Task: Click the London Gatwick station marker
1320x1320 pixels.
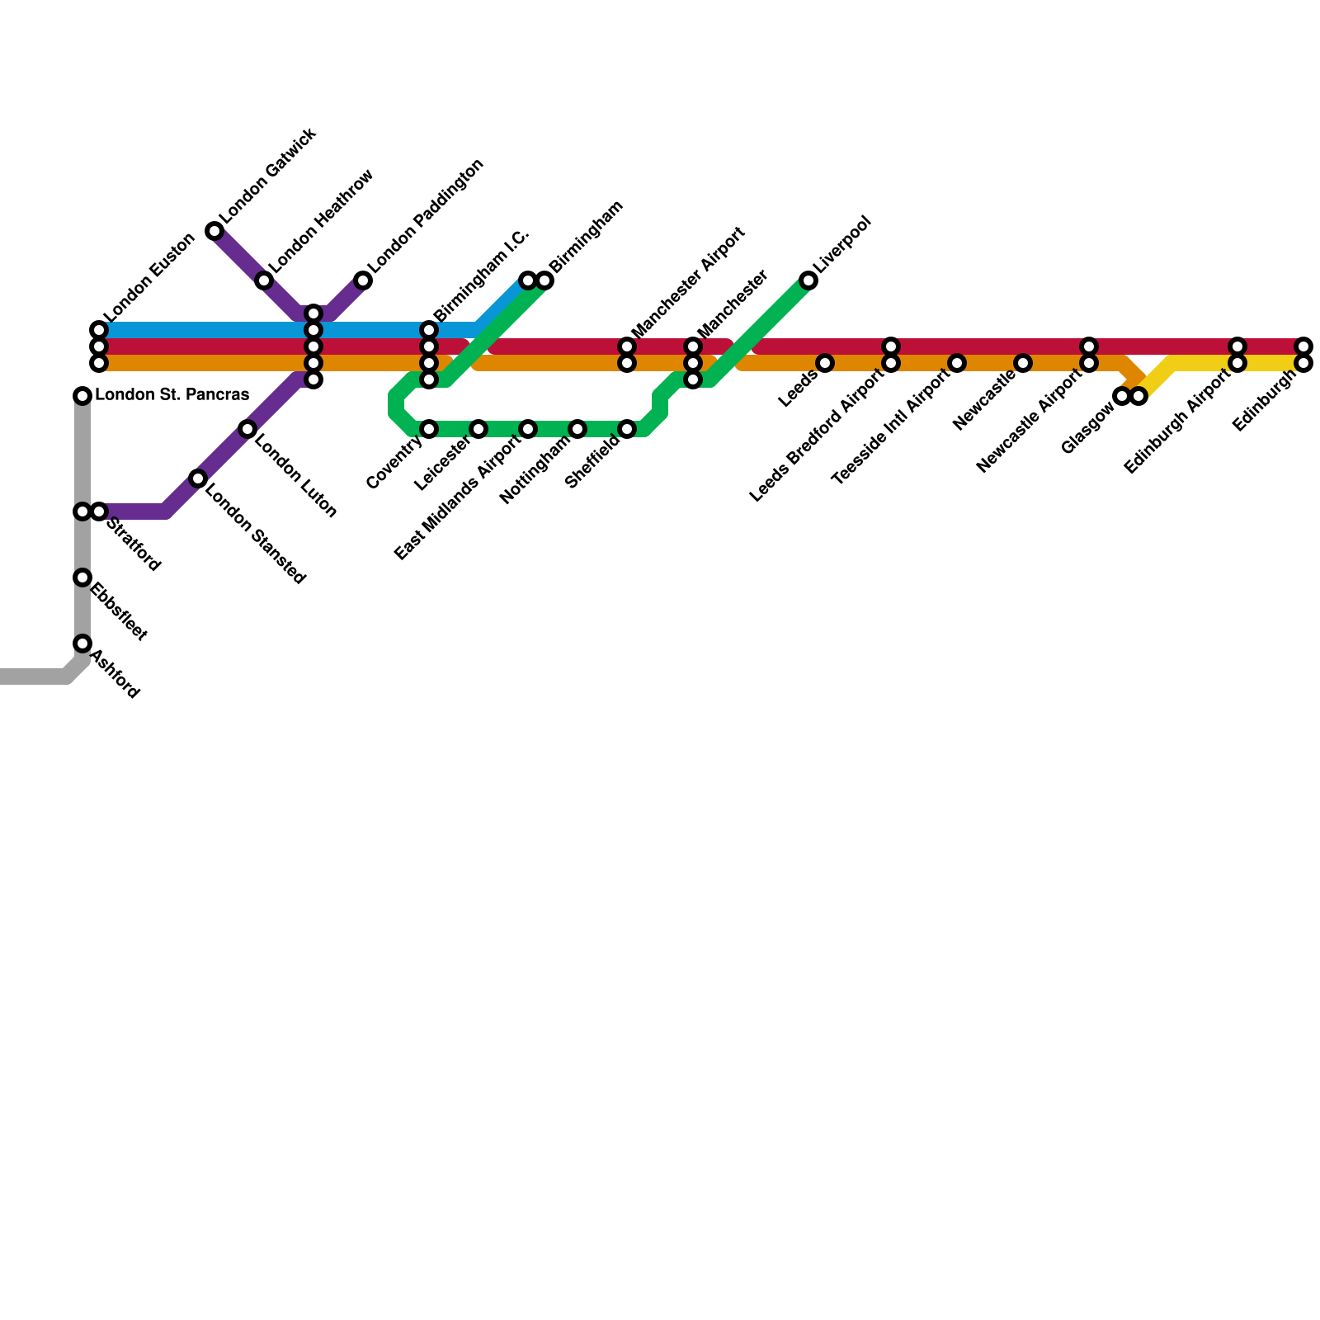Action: point(214,231)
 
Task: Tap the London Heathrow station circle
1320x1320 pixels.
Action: point(264,280)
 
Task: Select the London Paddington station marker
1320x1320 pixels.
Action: point(363,280)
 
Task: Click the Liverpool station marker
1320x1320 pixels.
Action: point(808,280)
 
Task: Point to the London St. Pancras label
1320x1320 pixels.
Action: point(172,395)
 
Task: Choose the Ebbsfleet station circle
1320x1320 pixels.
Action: point(82,577)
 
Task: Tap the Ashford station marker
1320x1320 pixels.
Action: point(82,643)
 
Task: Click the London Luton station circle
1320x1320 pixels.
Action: point(247,429)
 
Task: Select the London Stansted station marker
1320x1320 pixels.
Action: point(198,478)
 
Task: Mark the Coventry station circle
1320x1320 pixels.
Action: point(429,429)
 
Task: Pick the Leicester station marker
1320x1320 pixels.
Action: point(478,429)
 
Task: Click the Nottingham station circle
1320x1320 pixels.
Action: point(577,429)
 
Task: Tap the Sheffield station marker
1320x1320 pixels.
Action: point(627,429)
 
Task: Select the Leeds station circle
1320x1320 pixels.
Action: point(825,363)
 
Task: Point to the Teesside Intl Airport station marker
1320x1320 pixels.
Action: point(957,363)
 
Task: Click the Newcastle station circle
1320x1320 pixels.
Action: point(1023,363)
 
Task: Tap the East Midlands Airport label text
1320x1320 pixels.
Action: point(457,498)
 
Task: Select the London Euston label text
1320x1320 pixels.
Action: point(149,277)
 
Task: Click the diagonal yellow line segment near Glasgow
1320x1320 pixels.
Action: point(1157,379)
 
